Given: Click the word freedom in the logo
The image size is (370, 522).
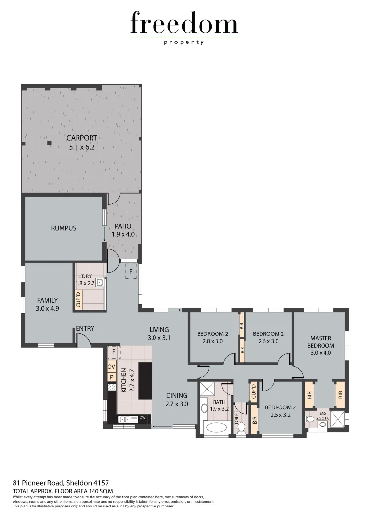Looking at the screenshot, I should tap(184, 24).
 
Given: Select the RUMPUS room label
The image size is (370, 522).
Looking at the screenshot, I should tap(63, 228).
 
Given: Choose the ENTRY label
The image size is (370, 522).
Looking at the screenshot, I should tap(85, 329).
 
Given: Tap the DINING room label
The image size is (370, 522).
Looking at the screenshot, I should tap(176, 396).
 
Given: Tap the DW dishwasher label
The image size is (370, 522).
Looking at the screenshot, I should tap(142, 418).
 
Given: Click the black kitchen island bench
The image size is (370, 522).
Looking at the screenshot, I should tap(145, 381).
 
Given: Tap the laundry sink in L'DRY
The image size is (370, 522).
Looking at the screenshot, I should tap(100, 283).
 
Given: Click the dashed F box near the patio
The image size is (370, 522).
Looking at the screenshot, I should tap(131, 272).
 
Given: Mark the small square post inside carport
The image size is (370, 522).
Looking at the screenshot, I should tap(49, 143).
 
